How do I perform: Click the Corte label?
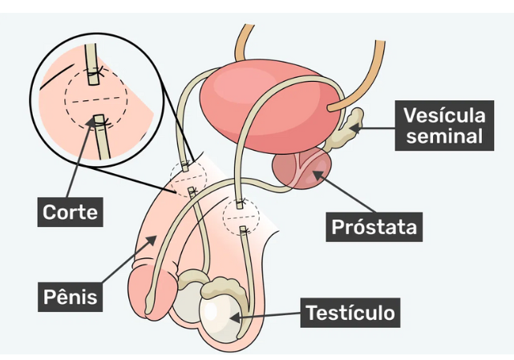(71, 212)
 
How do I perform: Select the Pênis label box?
(71, 297)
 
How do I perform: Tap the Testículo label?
(350, 312)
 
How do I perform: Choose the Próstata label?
(374, 228)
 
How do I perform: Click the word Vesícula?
(445, 115)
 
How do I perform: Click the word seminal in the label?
(445, 136)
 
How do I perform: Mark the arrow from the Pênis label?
(128, 261)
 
